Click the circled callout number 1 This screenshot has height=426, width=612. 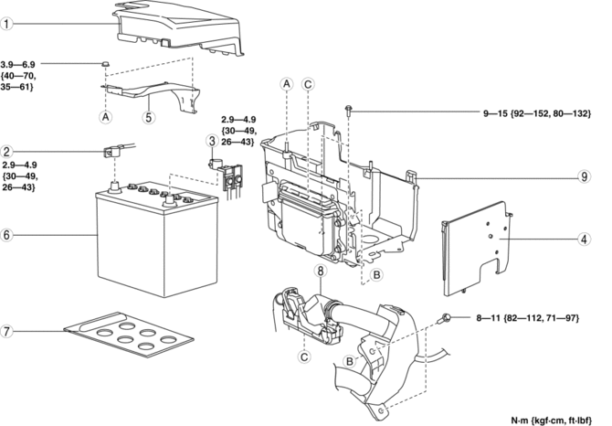point(6,24)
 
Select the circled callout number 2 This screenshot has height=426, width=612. point(6,152)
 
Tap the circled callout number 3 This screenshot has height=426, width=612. point(212,141)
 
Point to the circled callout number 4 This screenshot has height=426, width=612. point(584,239)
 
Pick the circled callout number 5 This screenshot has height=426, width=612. point(149,117)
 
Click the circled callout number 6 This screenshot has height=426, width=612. point(6,235)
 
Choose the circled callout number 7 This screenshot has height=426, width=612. point(6,331)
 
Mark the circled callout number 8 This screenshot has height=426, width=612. point(321,271)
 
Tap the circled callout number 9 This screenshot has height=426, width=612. point(584,176)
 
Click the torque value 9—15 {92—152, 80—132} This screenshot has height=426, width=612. point(537,113)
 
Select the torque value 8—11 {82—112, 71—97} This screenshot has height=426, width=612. point(528,318)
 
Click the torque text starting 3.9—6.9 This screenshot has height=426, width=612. point(18,75)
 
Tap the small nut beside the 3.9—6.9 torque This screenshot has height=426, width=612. point(105,64)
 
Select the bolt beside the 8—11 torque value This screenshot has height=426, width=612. point(446,318)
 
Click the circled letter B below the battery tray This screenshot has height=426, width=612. point(376,275)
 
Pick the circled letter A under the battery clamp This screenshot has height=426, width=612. point(106,117)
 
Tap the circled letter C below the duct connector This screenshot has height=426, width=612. point(304,357)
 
